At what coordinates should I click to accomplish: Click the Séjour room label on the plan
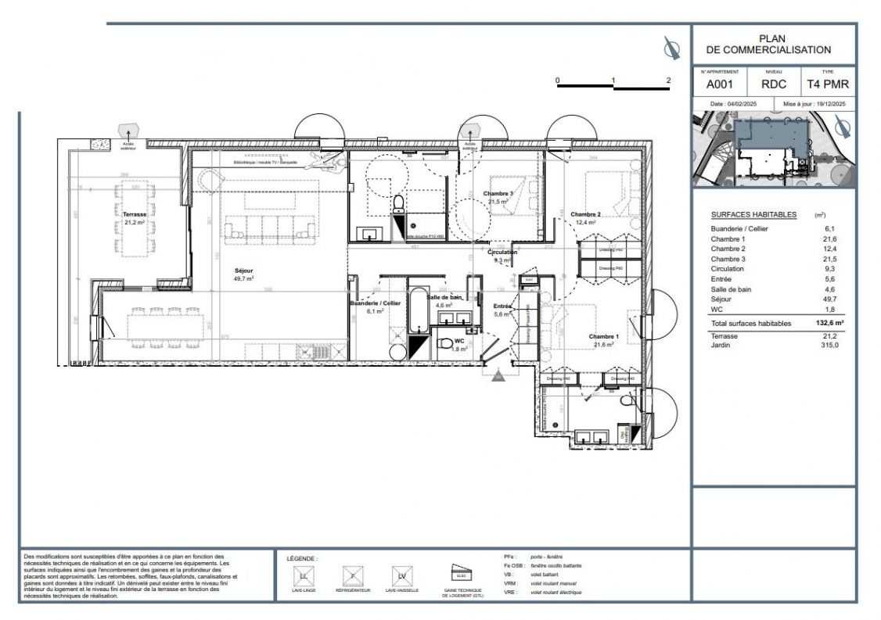tap(243, 271)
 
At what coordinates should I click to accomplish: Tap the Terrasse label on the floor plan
tap(135, 213)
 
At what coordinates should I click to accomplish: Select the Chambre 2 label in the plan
tap(585, 214)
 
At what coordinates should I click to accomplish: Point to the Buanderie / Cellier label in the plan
tap(375, 303)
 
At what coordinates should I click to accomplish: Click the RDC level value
tap(774, 84)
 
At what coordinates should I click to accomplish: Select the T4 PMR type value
tap(827, 84)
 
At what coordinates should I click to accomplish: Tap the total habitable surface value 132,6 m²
tap(829, 323)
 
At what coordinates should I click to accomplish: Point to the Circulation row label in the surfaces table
tap(727, 269)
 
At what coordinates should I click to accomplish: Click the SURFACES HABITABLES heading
tap(753, 214)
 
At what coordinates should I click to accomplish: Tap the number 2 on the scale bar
tap(668, 81)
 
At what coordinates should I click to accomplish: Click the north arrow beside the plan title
tap(671, 48)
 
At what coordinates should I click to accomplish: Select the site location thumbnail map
tap(773, 149)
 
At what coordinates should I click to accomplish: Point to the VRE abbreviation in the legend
tap(509, 593)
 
